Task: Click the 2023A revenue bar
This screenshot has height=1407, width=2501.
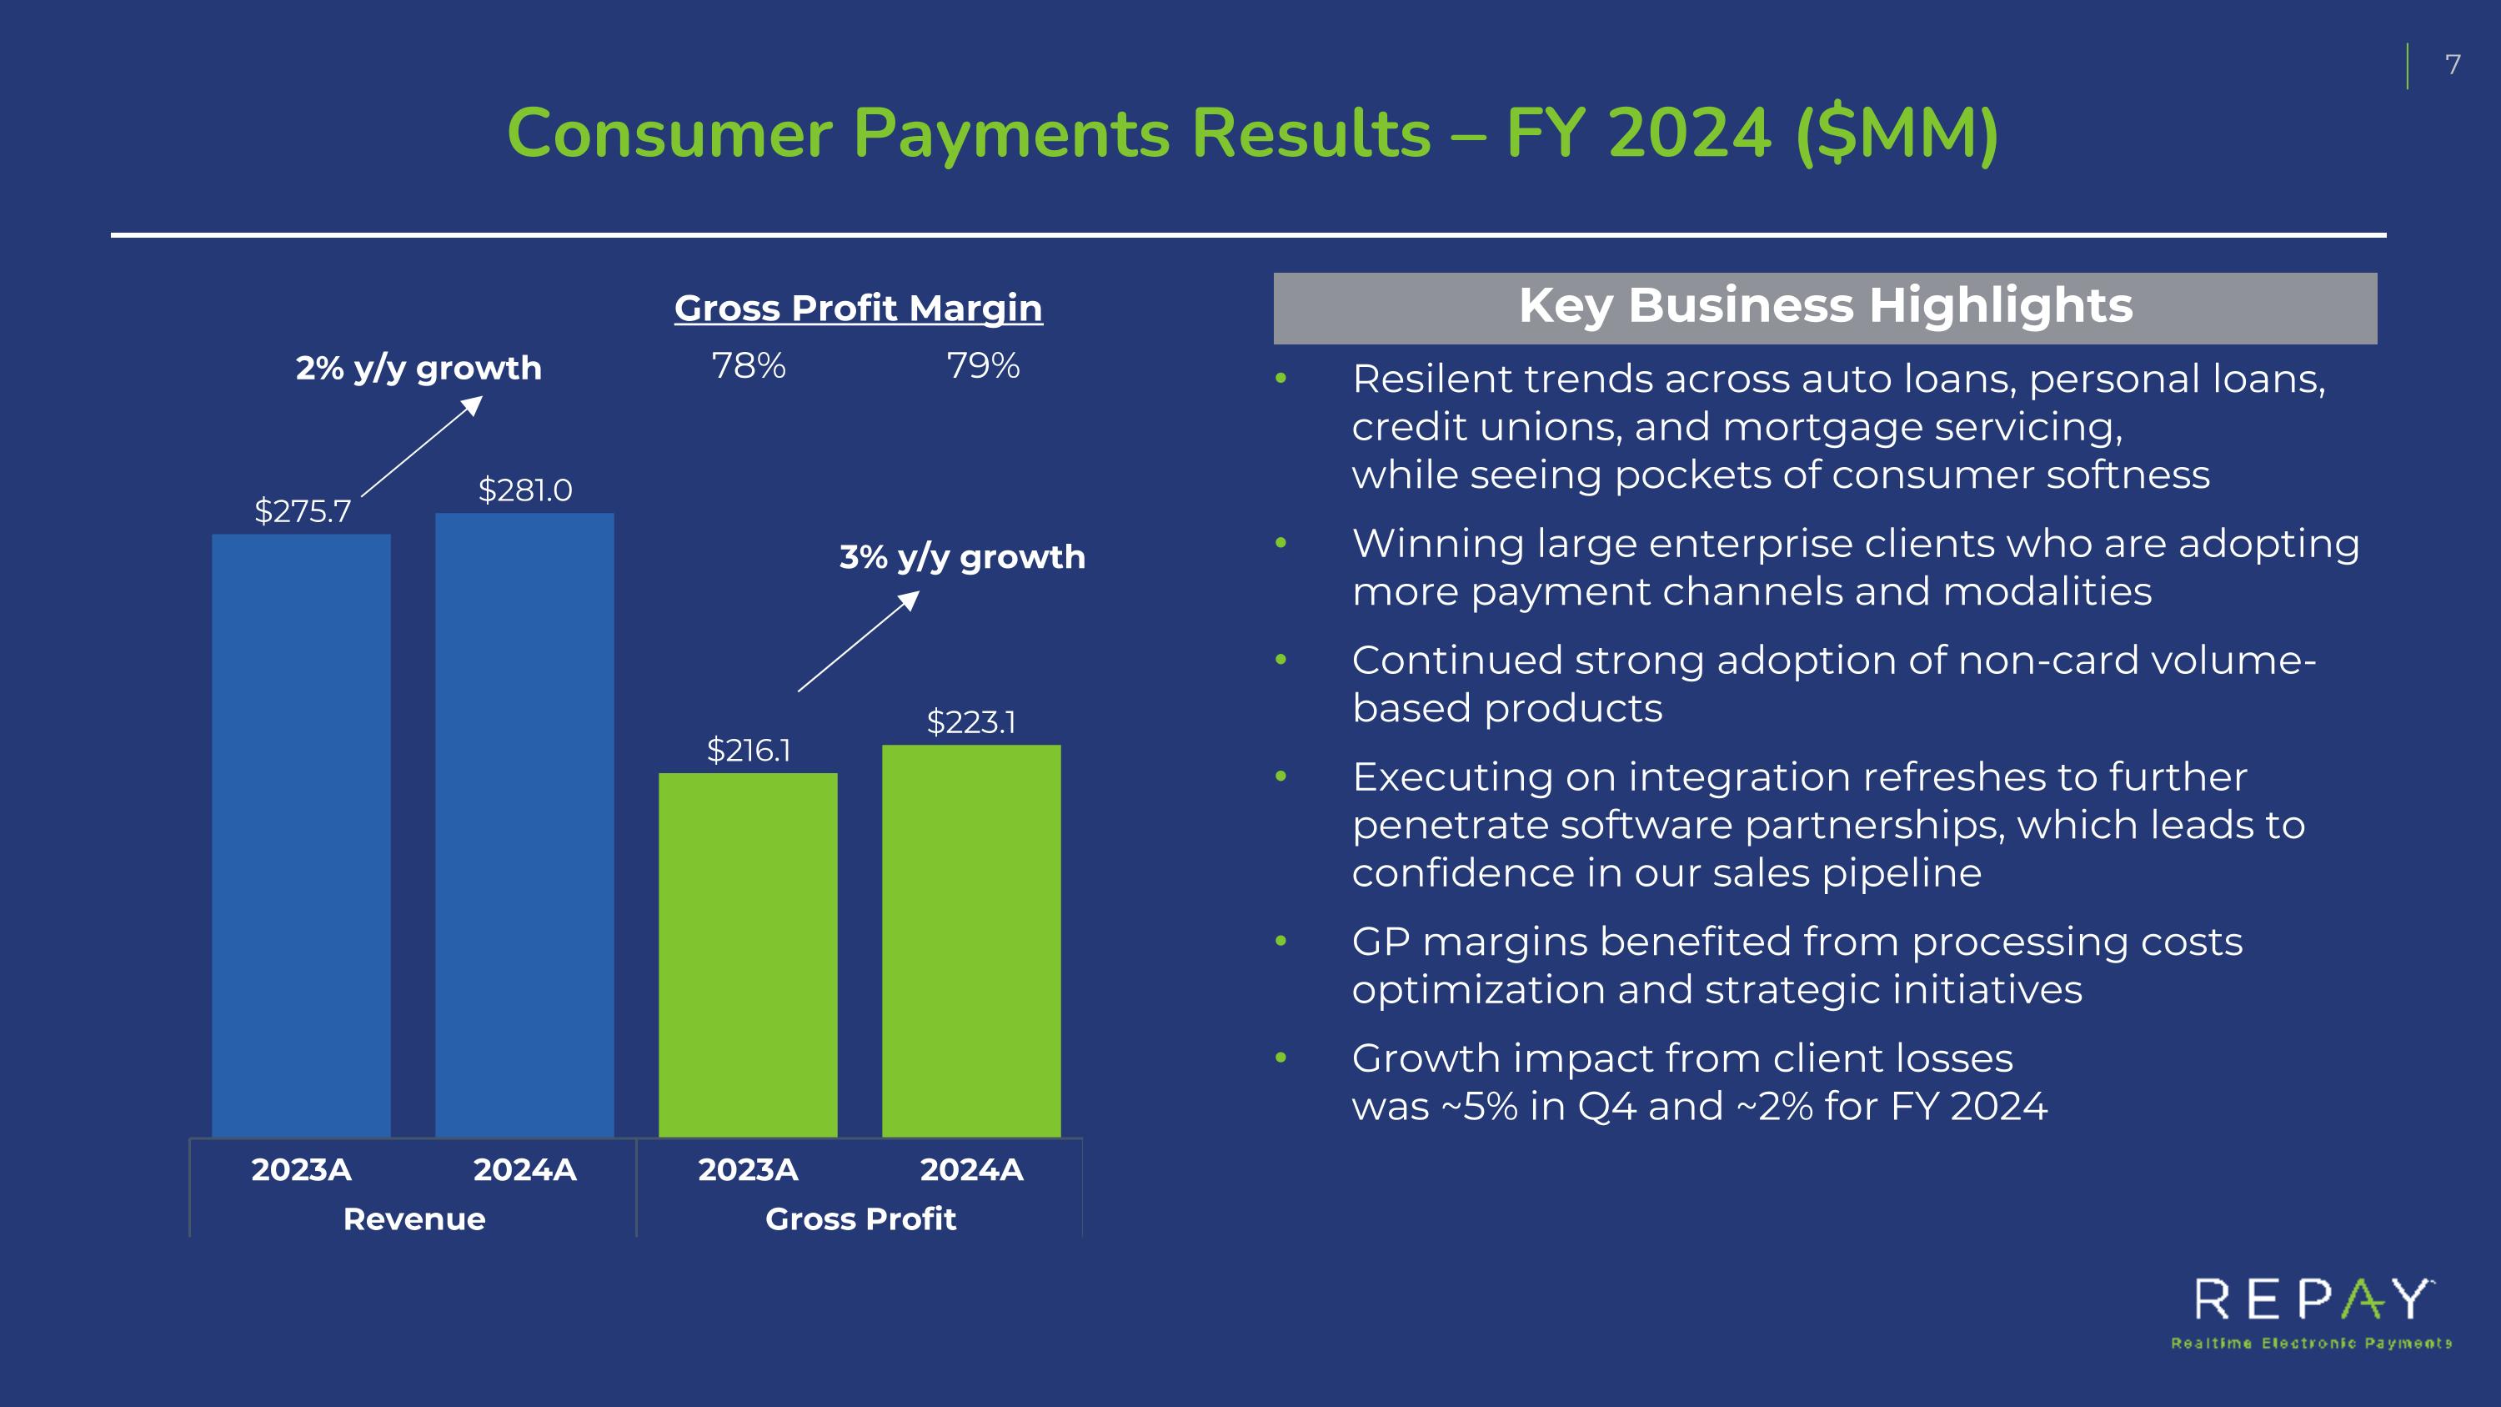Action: click(x=301, y=835)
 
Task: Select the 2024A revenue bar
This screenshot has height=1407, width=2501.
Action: click(x=524, y=826)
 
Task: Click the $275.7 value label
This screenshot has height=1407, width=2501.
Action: click(x=302, y=510)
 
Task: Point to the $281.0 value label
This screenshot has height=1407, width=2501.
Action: click(x=524, y=490)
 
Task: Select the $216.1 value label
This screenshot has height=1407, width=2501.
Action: click(x=748, y=750)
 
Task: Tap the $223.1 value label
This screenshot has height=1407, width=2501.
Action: click(x=971, y=721)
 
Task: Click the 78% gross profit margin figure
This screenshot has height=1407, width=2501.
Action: click(x=749, y=366)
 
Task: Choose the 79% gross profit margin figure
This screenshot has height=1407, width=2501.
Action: click(x=983, y=366)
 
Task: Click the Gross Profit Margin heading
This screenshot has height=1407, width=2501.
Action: click(x=859, y=308)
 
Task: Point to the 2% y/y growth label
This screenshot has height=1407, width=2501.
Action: click(x=419, y=368)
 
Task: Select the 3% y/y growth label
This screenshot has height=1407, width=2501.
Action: click(x=962, y=556)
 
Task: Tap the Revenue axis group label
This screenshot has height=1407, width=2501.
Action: click(x=413, y=1219)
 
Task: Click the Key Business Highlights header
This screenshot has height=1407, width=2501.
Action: click(x=1825, y=307)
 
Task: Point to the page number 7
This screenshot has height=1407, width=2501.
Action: click(x=2453, y=65)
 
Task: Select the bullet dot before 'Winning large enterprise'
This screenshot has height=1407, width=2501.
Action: click(x=1281, y=543)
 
